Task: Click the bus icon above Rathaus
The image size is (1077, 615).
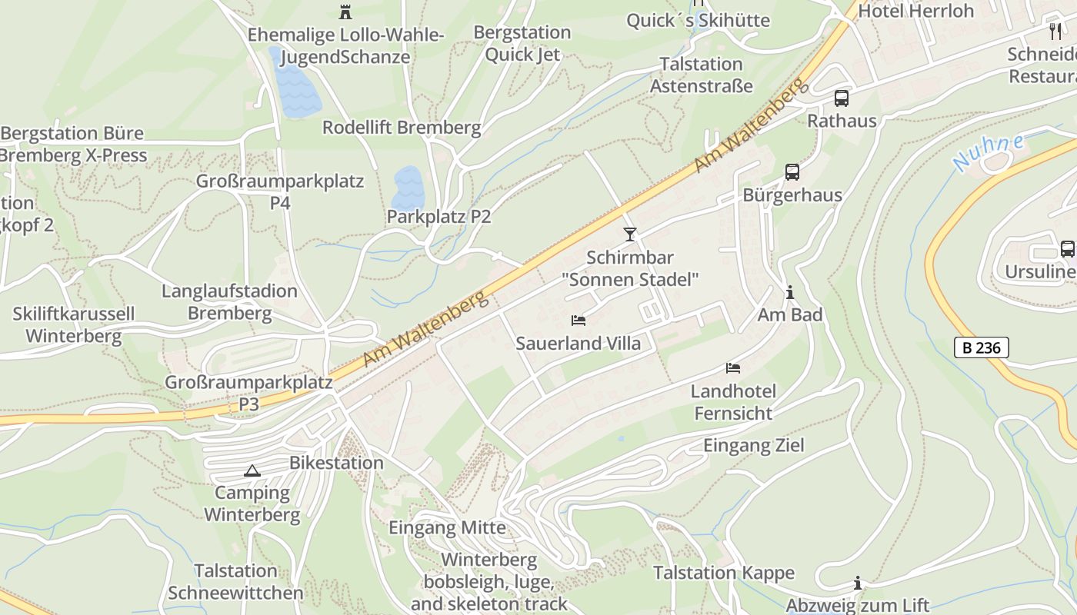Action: [842, 98]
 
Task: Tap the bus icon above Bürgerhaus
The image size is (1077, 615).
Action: [792, 172]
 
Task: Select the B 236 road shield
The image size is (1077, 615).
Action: [982, 347]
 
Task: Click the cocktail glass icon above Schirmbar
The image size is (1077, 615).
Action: [630, 234]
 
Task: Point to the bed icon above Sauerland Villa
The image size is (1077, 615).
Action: [579, 320]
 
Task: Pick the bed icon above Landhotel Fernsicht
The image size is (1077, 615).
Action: [733, 368]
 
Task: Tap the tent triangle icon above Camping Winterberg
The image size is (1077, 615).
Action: [252, 470]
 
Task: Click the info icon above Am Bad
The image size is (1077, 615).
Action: [789, 292]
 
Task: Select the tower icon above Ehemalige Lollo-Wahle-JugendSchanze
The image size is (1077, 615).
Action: [345, 12]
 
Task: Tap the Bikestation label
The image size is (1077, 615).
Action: [336, 463]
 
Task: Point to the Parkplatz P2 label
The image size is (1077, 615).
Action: [438, 217]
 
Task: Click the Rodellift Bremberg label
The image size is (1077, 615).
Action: [402, 128]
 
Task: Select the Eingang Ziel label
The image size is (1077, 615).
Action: [753, 445]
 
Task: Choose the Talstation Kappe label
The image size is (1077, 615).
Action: [723, 573]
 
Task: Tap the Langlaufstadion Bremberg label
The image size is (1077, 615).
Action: [229, 302]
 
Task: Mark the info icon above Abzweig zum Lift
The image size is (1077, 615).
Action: [857, 583]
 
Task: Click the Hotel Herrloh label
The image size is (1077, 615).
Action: [915, 11]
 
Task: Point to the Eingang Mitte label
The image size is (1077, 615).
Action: [447, 528]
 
